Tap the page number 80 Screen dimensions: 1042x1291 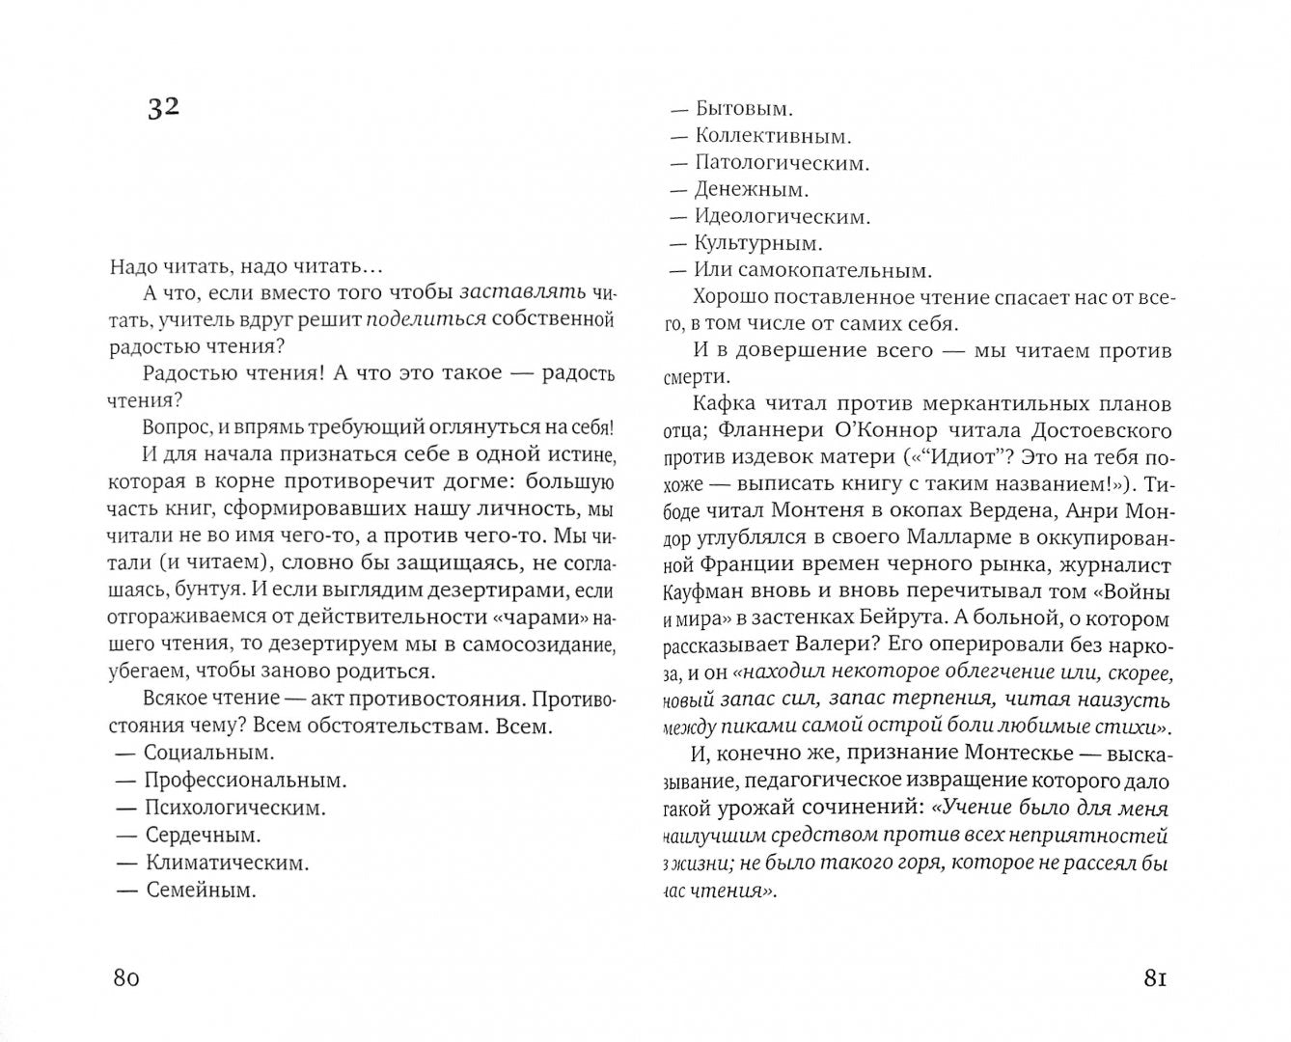click(x=127, y=978)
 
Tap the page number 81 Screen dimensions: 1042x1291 click(x=1156, y=978)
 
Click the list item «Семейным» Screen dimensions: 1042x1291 click(x=201, y=890)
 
